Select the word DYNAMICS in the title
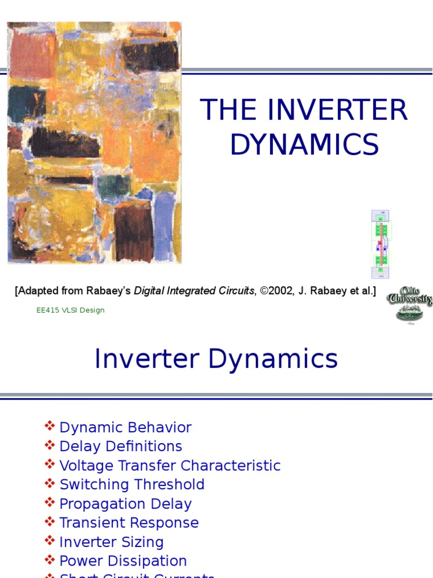point(304,144)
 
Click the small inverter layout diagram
point(381,244)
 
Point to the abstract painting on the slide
point(94,142)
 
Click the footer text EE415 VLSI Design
point(70,310)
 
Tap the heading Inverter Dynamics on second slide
point(216,359)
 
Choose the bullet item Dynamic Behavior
point(125,427)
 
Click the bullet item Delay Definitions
point(121,446)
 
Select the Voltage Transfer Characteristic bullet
point(170,466)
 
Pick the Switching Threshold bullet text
point(132,485)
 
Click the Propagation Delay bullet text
point(125,504)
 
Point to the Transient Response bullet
point(129,523)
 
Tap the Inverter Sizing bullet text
point(111,542)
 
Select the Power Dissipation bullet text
point(123,561)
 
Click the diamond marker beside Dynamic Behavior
point(50,426)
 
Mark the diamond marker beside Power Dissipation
point(50,560)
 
